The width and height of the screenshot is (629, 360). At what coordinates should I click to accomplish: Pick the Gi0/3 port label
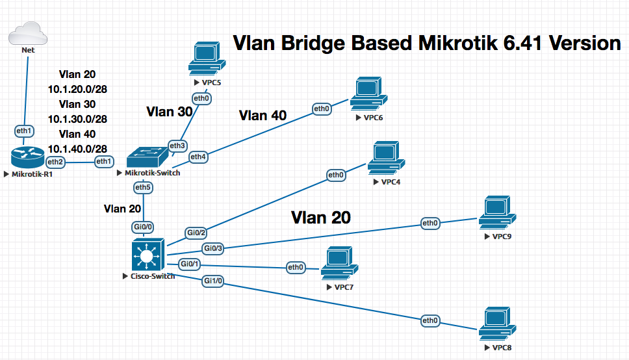click(213, 248)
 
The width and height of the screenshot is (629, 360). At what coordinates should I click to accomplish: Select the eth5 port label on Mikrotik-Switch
click(143, 188)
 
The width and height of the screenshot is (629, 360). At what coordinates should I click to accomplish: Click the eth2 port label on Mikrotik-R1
click(56, 161)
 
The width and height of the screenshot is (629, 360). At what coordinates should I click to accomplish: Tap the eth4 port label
click(198, 157)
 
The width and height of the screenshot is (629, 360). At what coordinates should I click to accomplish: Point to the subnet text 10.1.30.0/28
click(77, 119)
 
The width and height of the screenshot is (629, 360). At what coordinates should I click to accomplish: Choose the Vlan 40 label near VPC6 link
click(263, 116)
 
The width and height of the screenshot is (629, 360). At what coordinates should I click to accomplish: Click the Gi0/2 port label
click(196, 233)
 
